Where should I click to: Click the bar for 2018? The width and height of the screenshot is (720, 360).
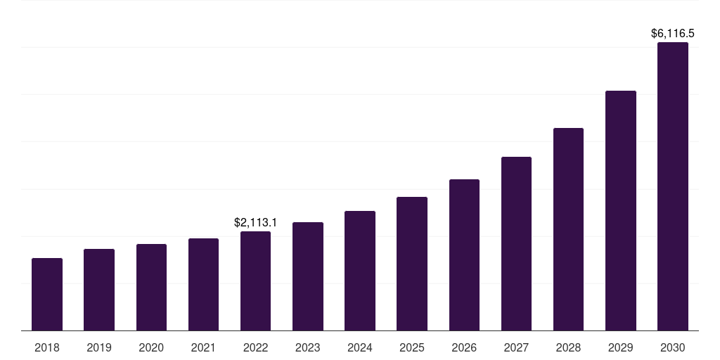47,295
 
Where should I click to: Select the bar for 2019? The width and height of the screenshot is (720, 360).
99,290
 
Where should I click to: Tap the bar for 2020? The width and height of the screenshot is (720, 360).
151,288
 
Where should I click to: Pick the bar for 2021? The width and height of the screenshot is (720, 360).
203,285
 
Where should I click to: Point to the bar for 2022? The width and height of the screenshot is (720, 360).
255,281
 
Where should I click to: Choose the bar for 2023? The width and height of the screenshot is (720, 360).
308,276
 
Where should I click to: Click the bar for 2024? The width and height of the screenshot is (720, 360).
360,271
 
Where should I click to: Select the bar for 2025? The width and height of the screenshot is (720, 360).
412,264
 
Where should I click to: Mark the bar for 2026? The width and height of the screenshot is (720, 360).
464,255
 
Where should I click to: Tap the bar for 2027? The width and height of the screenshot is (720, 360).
516,244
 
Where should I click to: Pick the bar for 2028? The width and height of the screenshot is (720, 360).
568,229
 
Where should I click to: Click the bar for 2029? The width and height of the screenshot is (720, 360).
621,211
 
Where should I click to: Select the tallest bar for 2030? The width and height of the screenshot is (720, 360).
673,186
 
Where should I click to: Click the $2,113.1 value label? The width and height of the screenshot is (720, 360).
255,223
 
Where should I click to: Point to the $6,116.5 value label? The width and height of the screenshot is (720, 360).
673,33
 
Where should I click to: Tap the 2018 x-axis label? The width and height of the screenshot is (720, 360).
47,347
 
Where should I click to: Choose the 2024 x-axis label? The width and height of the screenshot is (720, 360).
360,347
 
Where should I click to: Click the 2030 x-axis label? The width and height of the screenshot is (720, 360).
673,347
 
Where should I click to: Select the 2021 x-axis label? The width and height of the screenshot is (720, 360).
203,347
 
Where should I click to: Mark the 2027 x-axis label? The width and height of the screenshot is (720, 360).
516,347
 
